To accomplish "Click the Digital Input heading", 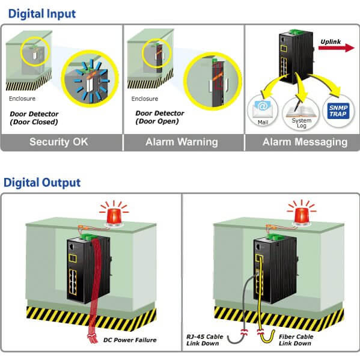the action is click(x=42, y=14).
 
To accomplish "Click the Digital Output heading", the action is click(x=42, y=183).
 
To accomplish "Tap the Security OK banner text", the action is click(x=59, y=142).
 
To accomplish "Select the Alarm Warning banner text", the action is click(x=182, y=142).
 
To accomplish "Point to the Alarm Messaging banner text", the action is click(x=305, y=142).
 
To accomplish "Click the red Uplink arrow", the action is click(x=337, y=47).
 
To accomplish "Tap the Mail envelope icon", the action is click(x=263, y=108).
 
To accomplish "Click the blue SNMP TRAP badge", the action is click(x=338, y=111).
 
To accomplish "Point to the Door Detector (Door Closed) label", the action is click(x=34, y=118).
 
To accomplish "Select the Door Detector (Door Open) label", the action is click(x=160, y=117).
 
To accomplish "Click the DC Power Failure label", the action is click(x=130, y=340).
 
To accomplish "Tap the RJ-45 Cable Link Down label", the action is click(x=204, y=340).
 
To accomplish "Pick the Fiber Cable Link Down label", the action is click(x=296, y=340).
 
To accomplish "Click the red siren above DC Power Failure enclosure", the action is click(x=114, y=215).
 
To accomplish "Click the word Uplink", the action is click(x=331, y=41).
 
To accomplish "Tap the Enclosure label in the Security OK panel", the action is click(x=22, y=99).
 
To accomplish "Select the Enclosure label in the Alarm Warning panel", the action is click(x=145, y=99).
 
